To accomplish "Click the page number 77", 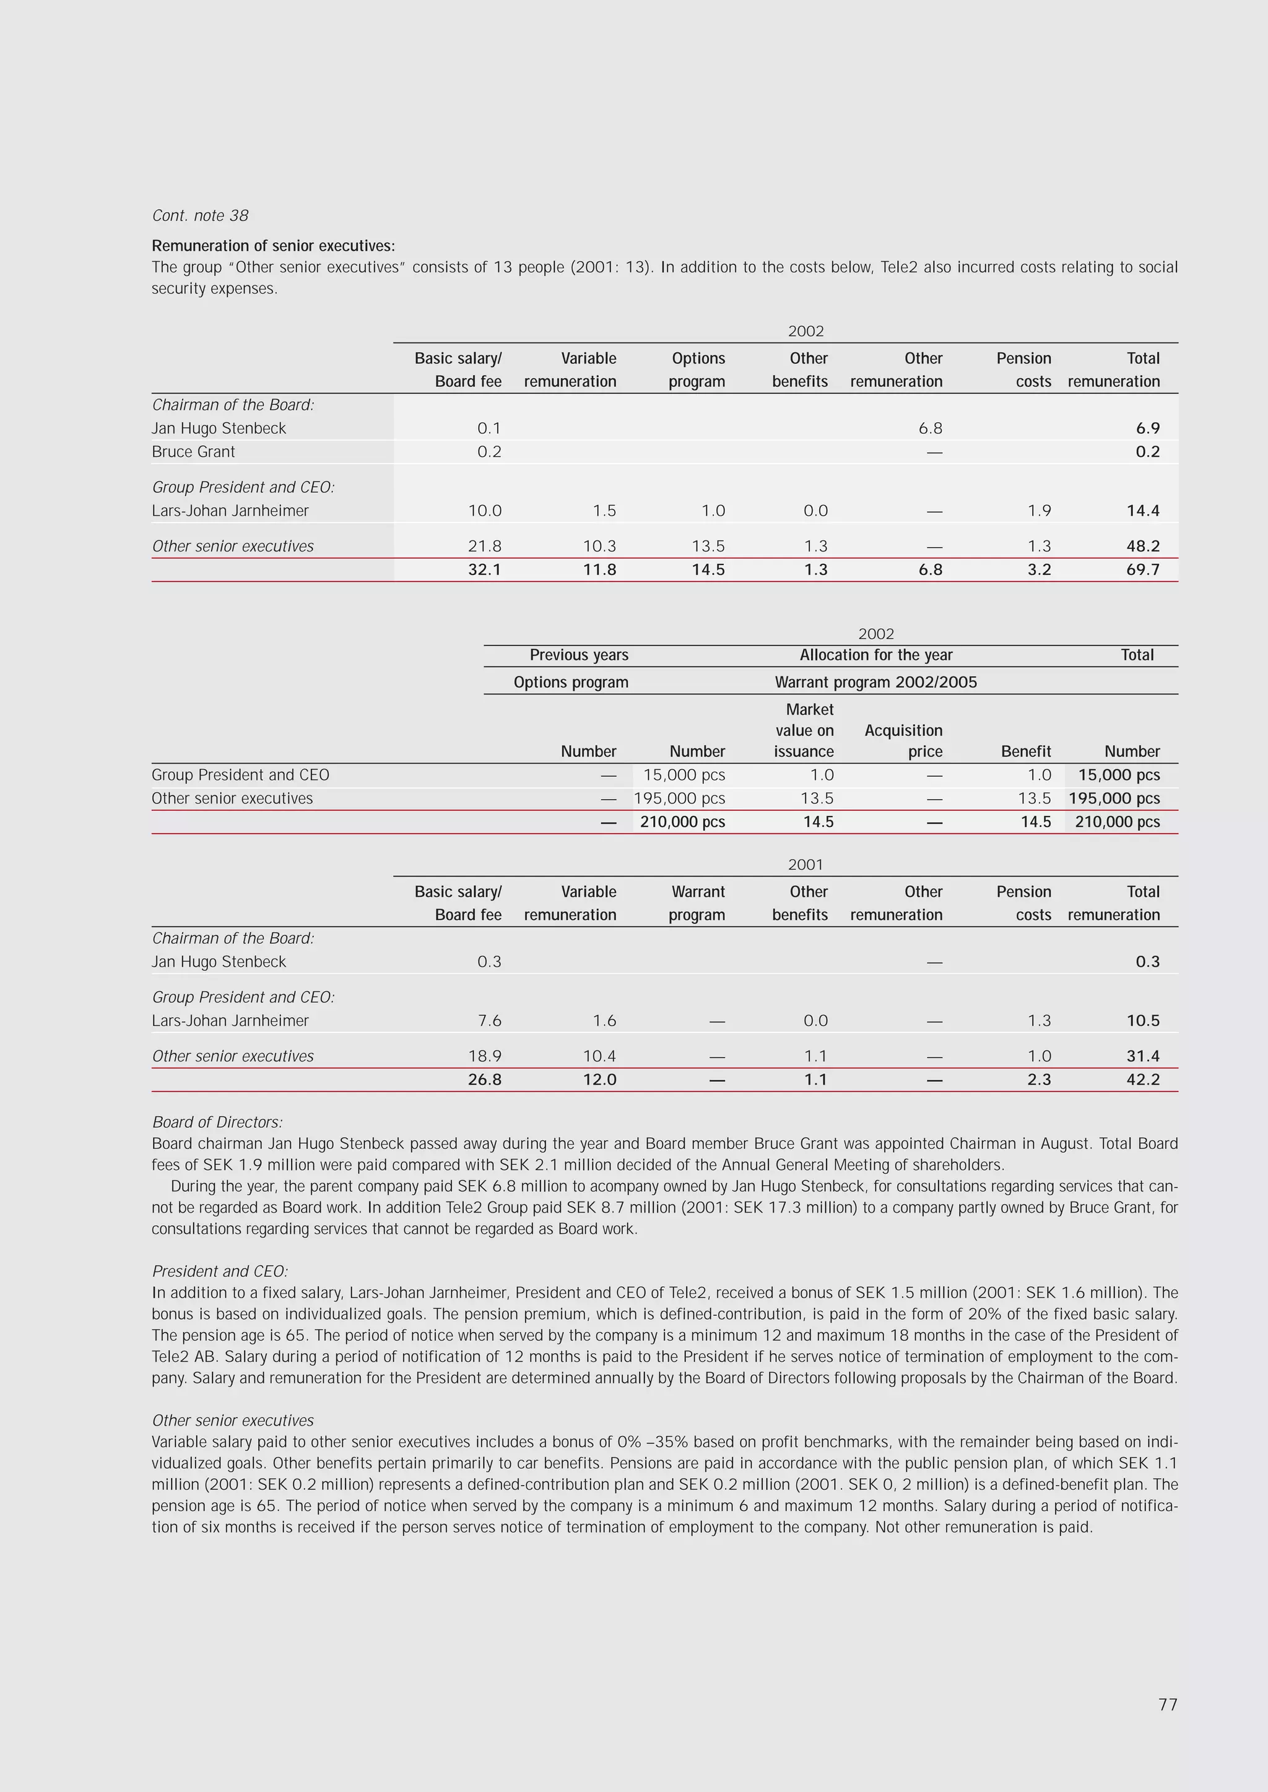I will tap(1167, 1705).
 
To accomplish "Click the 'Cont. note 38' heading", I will tap(200, 215).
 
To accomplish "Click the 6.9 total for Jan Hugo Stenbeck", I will tap(1147, 428).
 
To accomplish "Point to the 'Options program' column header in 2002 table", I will tap(697, 370).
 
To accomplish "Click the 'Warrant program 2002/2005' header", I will tap(875, 682).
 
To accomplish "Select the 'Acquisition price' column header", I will tap(903, 741).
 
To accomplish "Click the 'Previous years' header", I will tap(578, 656).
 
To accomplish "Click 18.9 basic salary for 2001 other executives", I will tap(484, 1056).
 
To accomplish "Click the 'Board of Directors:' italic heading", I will tap(217, 1122).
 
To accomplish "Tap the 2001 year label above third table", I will tap(805, 865).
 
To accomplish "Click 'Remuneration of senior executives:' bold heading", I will tap(273, 246).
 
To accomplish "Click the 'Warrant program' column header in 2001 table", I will tap(697, 903).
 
